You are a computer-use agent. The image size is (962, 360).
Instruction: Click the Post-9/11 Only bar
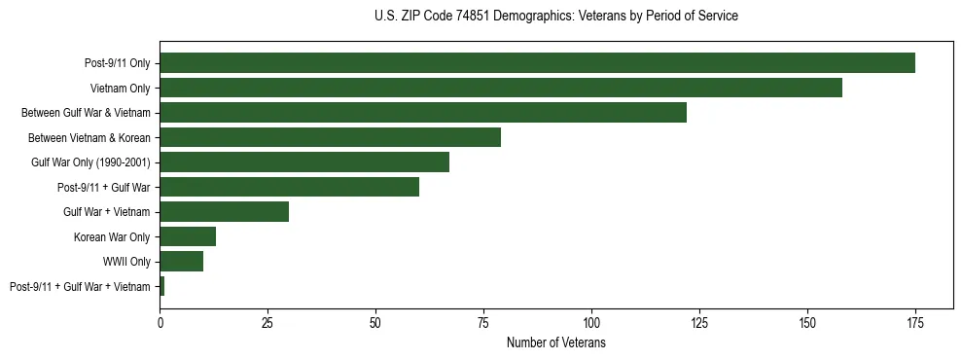[537, 63]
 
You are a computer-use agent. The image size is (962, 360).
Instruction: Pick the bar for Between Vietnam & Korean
[330, 137]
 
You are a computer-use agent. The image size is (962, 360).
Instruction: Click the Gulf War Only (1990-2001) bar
[304, 162]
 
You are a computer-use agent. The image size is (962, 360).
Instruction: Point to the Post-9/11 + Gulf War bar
[289, 187]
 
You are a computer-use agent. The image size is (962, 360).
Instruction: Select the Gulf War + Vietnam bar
[225, 211]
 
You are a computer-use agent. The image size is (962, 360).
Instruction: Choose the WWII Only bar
[181, 261]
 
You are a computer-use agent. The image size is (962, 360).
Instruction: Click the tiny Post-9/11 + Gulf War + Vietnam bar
[162, 286]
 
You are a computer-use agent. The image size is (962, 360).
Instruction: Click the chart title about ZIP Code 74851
[555, 17]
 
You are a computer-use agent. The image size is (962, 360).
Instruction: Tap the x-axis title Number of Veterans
[555, 343]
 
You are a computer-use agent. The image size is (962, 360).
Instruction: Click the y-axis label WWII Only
[126, 262]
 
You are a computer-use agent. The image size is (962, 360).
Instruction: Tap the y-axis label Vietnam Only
[120, 89]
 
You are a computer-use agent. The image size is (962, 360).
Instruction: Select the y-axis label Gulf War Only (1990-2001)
[90, 162]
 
